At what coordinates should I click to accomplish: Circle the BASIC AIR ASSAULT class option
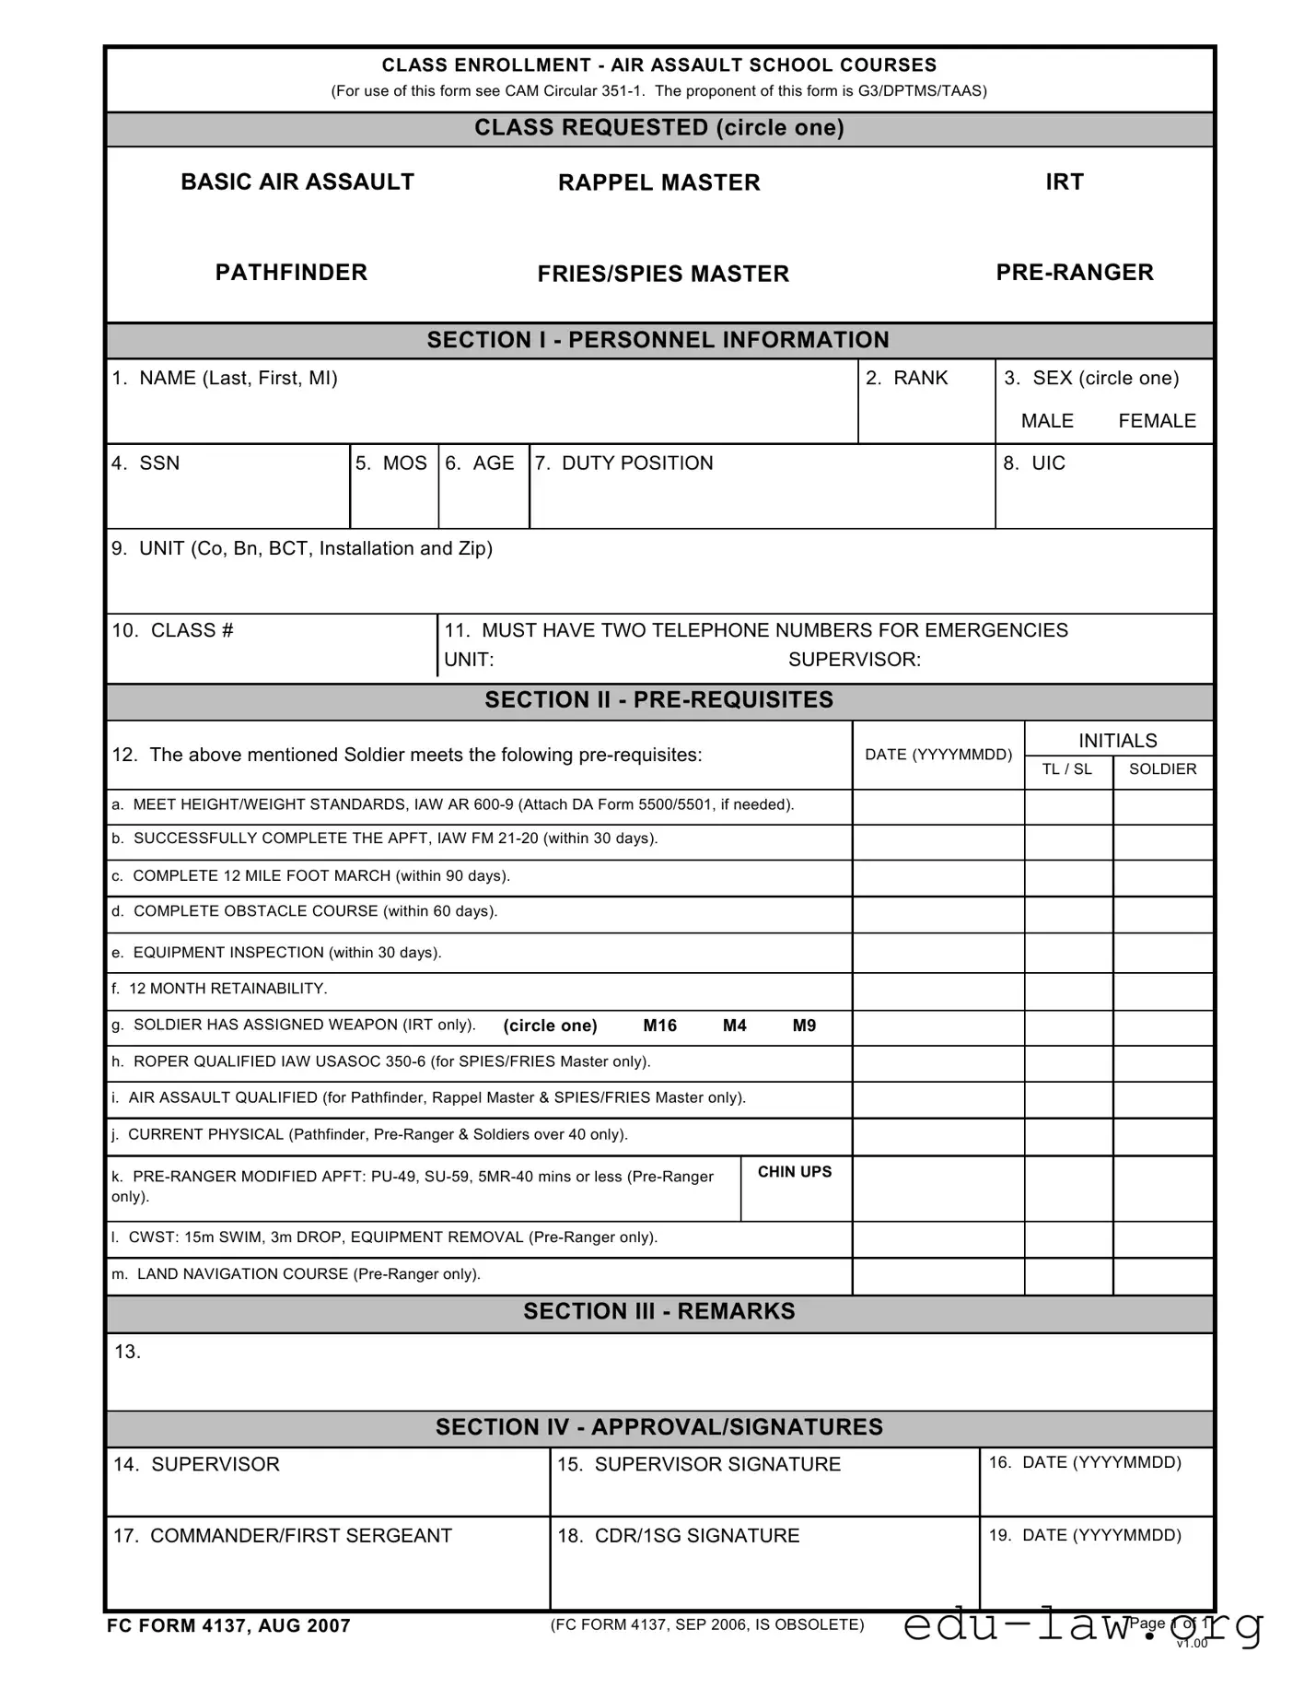[297, 182]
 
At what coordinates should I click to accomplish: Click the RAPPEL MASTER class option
[659, 182]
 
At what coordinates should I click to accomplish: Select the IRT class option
[1065, 182]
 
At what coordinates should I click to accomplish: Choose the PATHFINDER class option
[291, 272]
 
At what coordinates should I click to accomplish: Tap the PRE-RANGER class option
[1075, 272]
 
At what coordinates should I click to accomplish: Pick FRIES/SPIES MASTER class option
[663, 274]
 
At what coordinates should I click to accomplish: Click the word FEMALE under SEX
[1157, 421]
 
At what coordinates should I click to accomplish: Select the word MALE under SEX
[1047, 421]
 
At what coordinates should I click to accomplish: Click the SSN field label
[146, 463]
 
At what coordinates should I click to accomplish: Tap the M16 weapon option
[660, 1026]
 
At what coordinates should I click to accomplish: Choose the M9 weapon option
[804, 1026]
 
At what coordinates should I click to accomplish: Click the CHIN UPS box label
[795, 1172]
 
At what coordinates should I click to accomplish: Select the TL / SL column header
[1066, 769]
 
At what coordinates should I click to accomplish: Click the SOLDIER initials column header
[1162, 769]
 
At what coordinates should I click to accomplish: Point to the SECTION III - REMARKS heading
[659, 1311]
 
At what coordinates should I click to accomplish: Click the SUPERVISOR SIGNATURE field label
[700, 1464]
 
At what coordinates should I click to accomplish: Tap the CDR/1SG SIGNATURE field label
[679, 1536]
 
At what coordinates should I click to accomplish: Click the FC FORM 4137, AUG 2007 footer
[229, 1626]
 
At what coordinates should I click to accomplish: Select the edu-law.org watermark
[1082, 1624]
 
